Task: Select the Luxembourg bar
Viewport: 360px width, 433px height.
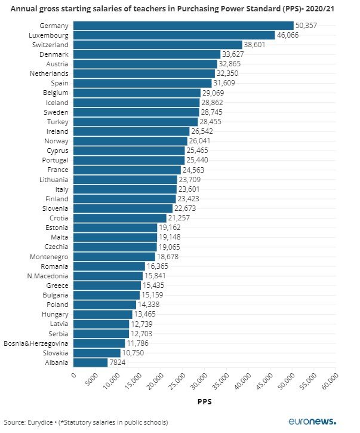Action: tap(173, 35)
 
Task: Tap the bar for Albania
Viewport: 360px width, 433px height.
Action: tap(90, 363)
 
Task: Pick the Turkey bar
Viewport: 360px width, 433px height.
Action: tap(135, 121)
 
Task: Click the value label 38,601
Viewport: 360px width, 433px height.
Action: tap(257, 45)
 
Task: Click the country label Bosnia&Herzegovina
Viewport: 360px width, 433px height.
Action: tap(36, 343)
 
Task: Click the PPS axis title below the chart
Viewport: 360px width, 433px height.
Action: tap(204, 403)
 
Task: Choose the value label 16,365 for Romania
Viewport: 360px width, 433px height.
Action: tap(159, 266)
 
